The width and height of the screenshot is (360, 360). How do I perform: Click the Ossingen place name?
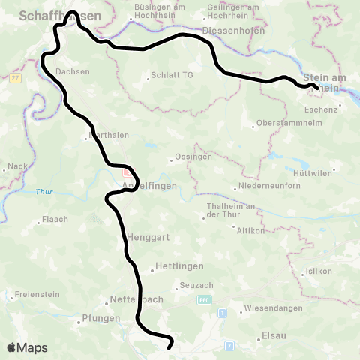pyautogui.click(x=194, y=157)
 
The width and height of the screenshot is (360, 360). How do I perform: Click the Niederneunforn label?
pyautogui.click(x=267, y=187)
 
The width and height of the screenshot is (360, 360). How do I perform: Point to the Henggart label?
pyautogui.click(x=147, y=237)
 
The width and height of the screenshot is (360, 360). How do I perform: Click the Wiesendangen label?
pyautogui.click(x=273, y=308)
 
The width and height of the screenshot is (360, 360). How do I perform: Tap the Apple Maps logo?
pyautogui.click(x=28, y=347)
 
